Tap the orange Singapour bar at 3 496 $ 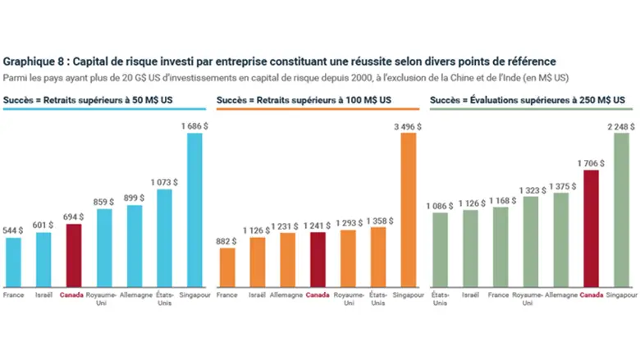pos(407,209)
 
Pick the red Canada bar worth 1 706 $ pos(590,228)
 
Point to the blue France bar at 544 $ pos(13,261)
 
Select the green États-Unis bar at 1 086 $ pos(440,248)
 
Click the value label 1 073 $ pos(164,181)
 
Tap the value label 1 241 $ pos(317,224)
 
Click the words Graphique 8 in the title pos(34,62)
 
